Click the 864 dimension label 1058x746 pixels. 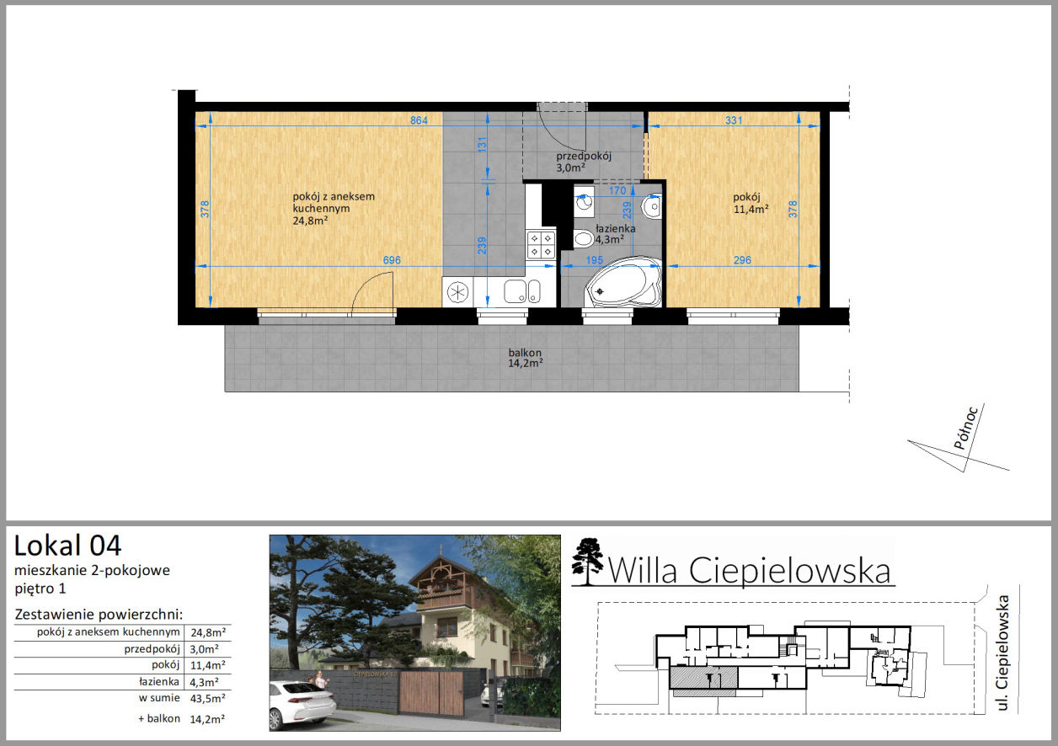pyautogui.click(x=419, y=120)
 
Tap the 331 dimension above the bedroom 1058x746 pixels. pyautogui.click(x=734, y=120)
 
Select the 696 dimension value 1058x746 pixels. pyautogui.click(x=392, y=260)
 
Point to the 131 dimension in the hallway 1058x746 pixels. pyautogui.click(x=482, y=144)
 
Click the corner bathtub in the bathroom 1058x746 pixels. pyautogui.click(x=623, y=282)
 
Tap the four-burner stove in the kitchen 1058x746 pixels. pyautogui.click(x=541, y=244)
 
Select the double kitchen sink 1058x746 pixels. pyautogui.click(x=522, y=291)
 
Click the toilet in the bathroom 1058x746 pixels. pyautogui.click(x=583, y=238)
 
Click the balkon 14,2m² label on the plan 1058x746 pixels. pyautogui.click(x=526, y=358)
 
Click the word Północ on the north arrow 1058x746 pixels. pyautogui.click(x=965, y=428)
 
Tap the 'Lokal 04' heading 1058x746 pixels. pyautogui.click(x=67, y=546)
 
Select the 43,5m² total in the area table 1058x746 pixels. pyautogui.click(x=208, y=698)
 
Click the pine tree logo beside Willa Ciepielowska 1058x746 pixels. pyautogui.click(x=587, y=562)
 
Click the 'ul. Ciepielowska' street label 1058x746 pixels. pyautogui.click(x=1002, y=653)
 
